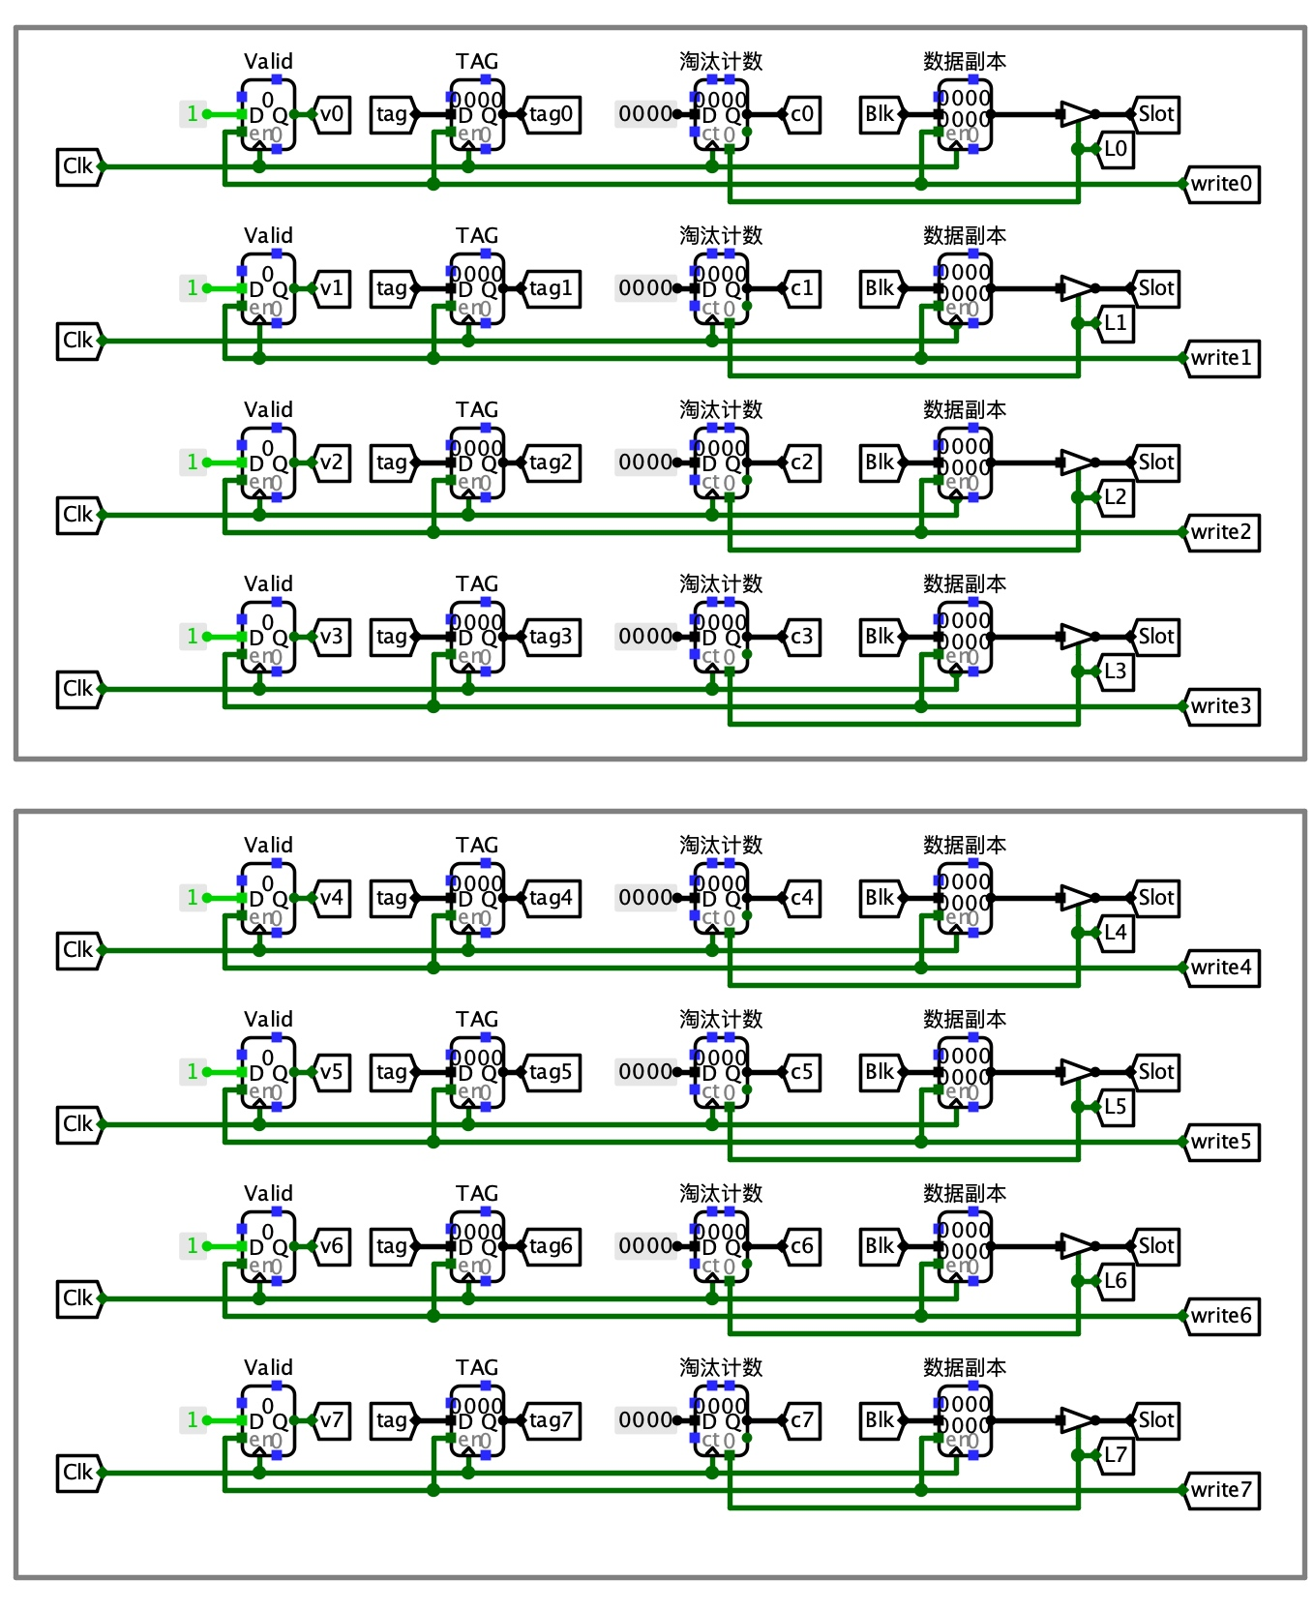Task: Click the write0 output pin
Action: (x=1222, y=184)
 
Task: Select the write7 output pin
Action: (x=1222, y=1490)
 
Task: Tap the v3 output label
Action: (x=332, y=637)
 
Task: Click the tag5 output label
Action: (x=552, y=1072)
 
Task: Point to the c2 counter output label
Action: (x=802, y=462)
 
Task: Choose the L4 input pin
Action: (x=1116, y=933)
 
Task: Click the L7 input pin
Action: (x=1116, y=1455)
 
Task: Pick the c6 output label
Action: (x=802, y=1246)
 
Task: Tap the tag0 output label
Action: (x=552, y=114)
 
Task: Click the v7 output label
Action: (x=332, y=1420)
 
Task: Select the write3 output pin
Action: (x=1222, y=706)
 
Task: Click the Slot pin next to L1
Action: (x=1155, y=288)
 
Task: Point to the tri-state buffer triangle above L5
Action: (x=1075, y=1072)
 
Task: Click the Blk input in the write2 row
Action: (x=881, y=462)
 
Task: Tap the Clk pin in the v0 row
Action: (x=78, y=166)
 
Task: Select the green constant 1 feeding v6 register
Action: (x=193, y=1246)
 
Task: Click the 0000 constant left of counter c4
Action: (x=645, y=898)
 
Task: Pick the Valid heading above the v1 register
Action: (x=268, y=236)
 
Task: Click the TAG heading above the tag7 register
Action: (x=477, y=1368)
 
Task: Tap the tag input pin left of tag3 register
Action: (x=392, y=637)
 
